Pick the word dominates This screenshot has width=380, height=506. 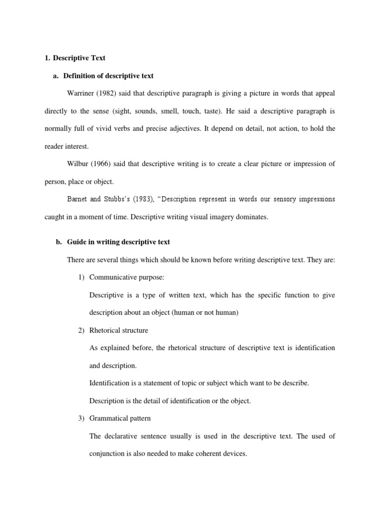(x=253, y=217)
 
